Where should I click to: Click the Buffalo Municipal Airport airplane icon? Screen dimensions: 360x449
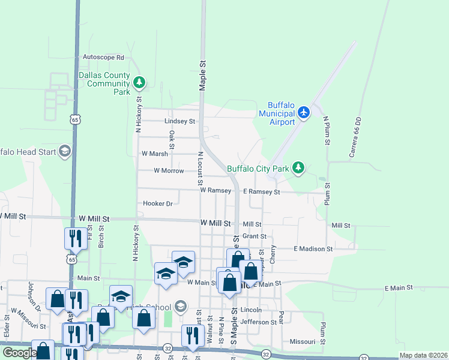304,112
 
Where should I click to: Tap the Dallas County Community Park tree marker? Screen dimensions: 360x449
139,82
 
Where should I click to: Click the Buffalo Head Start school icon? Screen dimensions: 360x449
64,151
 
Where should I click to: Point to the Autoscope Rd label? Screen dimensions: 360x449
103,58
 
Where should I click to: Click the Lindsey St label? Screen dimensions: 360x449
180,121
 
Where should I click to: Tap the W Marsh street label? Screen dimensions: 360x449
155,154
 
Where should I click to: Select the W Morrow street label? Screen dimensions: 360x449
169,171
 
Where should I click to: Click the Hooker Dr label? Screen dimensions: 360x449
158,203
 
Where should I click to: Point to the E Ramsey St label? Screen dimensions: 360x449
261,192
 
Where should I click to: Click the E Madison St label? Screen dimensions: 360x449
313,248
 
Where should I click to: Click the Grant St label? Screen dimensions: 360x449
254,236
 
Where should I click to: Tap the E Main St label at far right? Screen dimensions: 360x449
399,288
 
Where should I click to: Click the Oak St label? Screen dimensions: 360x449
172,140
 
